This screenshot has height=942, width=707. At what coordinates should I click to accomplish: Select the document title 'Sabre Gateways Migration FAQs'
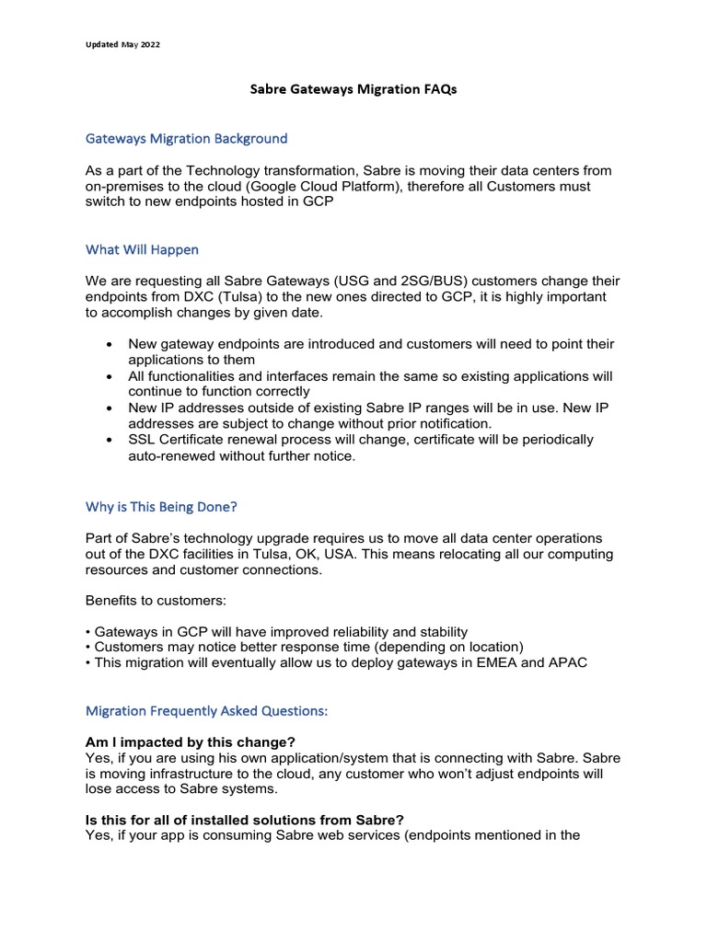[353, 90]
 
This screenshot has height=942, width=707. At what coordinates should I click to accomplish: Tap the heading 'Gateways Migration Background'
[186, 138]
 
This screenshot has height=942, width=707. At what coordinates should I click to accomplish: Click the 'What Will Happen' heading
[142, 249]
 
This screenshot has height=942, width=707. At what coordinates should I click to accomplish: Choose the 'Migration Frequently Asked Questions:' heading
[206, 711]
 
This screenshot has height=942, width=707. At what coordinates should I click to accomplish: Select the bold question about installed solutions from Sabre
[244, 820]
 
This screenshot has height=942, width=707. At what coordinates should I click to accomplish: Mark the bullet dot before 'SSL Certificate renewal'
[110, 440]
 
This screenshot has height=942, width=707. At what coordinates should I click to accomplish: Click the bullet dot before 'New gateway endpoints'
[110, 344]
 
